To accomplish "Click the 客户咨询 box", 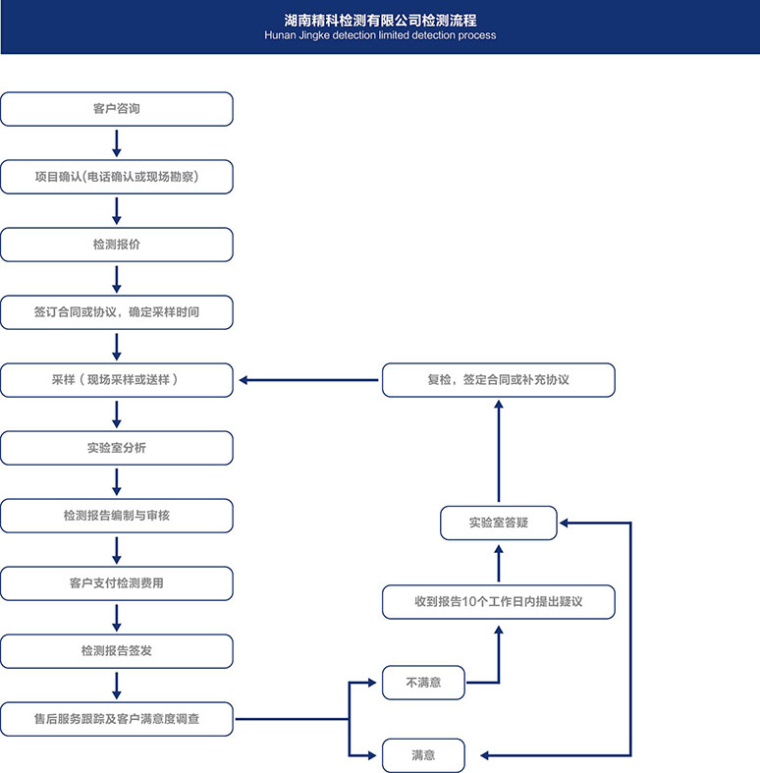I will [x=116, y=109].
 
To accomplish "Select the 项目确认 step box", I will [x=116, y=177].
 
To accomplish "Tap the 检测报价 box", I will [x=116, y=245].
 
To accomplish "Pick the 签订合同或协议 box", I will [x=116, y=312].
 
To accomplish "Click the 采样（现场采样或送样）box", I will [x=116, y=380].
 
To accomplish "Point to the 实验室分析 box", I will [x=116, y=448].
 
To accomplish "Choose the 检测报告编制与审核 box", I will [x=116, y=516].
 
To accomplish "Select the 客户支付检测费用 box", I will [x=116, y=583].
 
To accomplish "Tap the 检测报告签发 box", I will [x=116, y=651].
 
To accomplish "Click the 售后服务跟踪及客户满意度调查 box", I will [x=116, y=719].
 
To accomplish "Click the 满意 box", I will [x=423, y=755].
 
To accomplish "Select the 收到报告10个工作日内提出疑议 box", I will [x=498, y=602].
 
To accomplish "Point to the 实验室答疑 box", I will [x=498, y=523].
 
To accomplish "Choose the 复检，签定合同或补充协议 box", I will [x=498, y=380].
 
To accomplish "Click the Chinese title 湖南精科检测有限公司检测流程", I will [x=380, y=19].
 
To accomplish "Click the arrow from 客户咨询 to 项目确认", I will [x=117, y=142].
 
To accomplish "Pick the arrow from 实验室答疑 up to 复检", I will [x=498, y=451].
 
